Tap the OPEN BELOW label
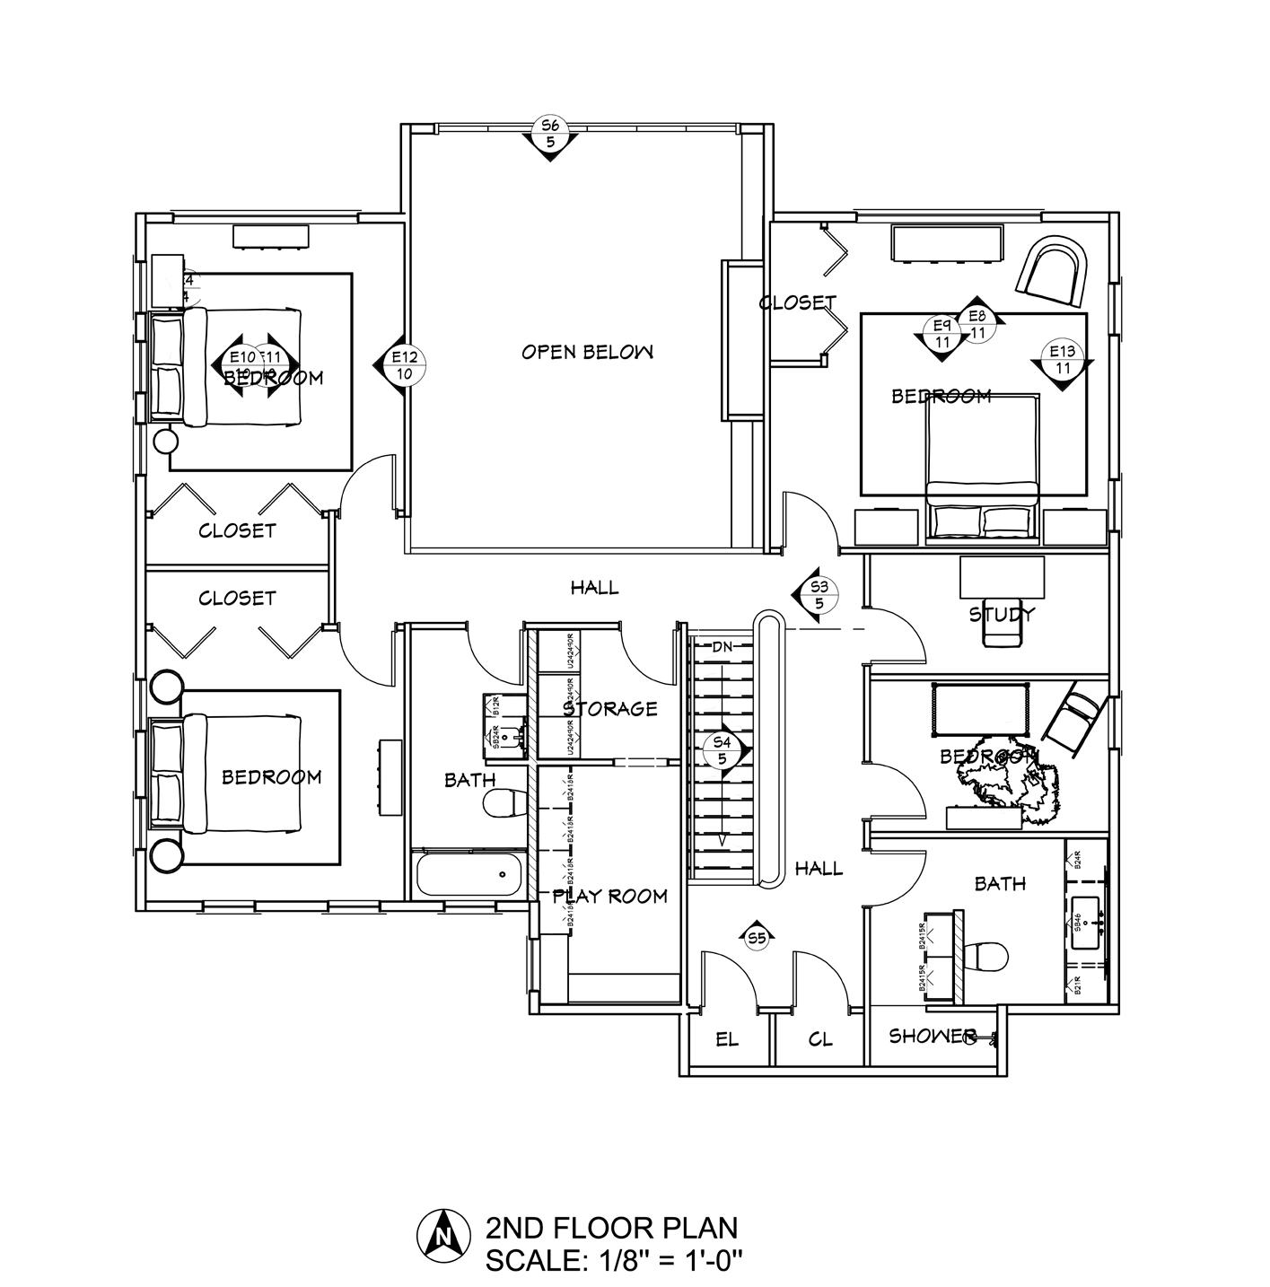[x=587, y=352]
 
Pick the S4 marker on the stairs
[x=723, y=749]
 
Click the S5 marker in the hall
[x=757, y=939]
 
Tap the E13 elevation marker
[x=1064, y=360]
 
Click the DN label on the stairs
[x=723, y=646]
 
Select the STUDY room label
[x=1002, y=615]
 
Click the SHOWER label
[x=933, y=1037]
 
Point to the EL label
[x=727, y=1040]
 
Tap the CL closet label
[x=820, y=1040]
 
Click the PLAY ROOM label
[x=609, y=896]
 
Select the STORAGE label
[x=610, y=709]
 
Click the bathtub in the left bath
[x=468, y=875]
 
